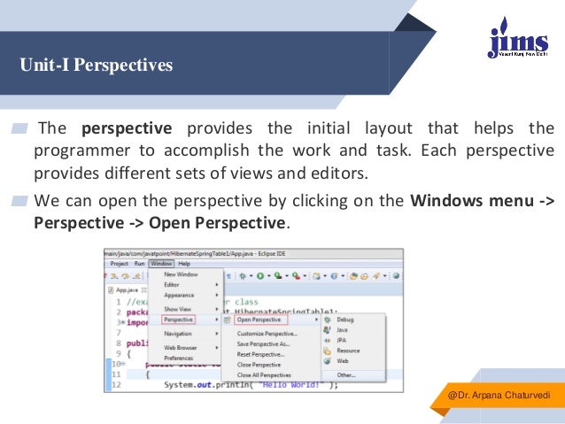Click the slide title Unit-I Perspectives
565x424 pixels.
97,66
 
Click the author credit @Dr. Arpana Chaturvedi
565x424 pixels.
500,393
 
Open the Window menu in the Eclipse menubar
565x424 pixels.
160,263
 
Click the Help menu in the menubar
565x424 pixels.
184,263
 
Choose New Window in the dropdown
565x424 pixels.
181,274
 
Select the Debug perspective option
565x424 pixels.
344,320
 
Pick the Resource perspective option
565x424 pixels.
348,351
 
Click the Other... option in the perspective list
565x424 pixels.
345,374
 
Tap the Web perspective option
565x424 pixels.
342,361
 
